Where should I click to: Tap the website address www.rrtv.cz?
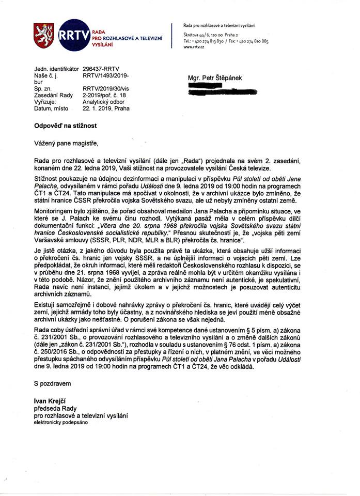pyautogui.click(x=194, y=47)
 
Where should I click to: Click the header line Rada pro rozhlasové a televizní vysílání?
pyautogui.click(x=219, y=25)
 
